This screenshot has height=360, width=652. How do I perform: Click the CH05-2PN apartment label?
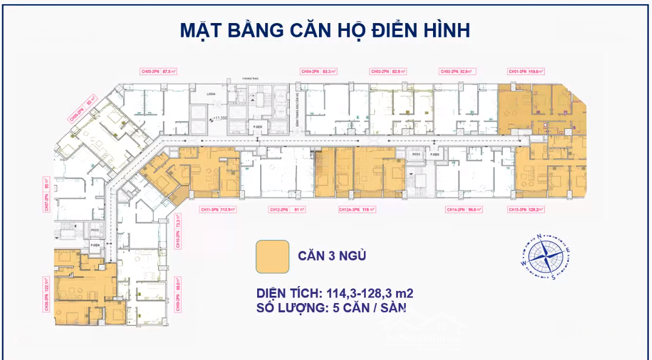(x=150, y=72)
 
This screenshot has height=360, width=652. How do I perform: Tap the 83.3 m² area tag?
(x=330, y=72)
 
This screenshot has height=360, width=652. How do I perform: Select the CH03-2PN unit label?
(x=380, y=72)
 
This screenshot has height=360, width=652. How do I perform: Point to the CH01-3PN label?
(x=517, y=72)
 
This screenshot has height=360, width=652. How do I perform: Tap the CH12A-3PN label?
(x=349, y=210)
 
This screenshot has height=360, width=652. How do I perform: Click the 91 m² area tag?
(x=299, y=210)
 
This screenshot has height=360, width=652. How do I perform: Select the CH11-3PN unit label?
(x=209, y=210)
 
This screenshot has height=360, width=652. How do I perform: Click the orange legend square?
(x=272, y=256)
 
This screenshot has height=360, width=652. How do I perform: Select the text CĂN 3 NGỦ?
(x=332, y=256)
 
